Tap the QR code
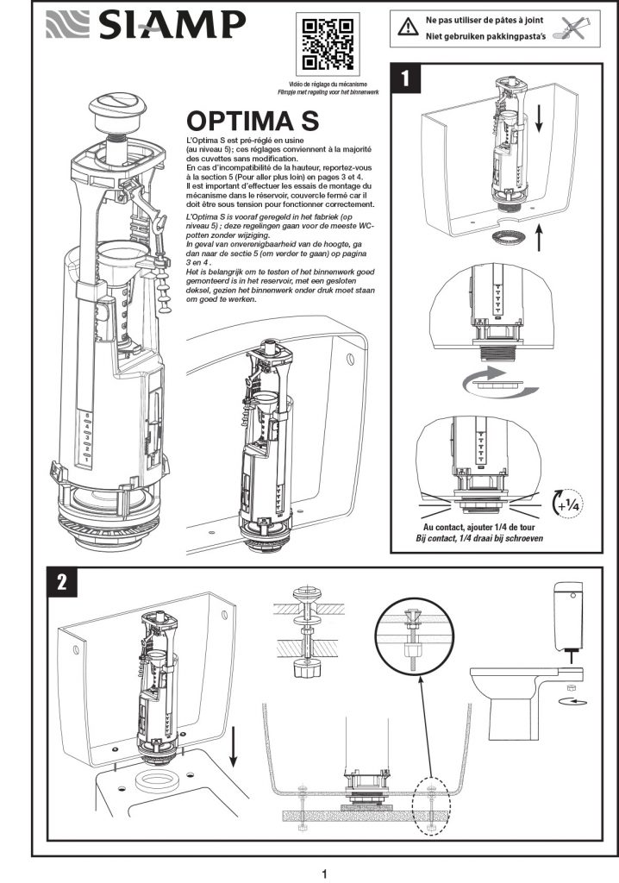[x=328, y=44]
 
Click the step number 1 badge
[x=406, y=78]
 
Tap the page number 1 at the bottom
[x=324, y=874]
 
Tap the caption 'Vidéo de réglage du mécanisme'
[x=328, y=84]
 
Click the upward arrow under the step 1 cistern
[x=539, y=236]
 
